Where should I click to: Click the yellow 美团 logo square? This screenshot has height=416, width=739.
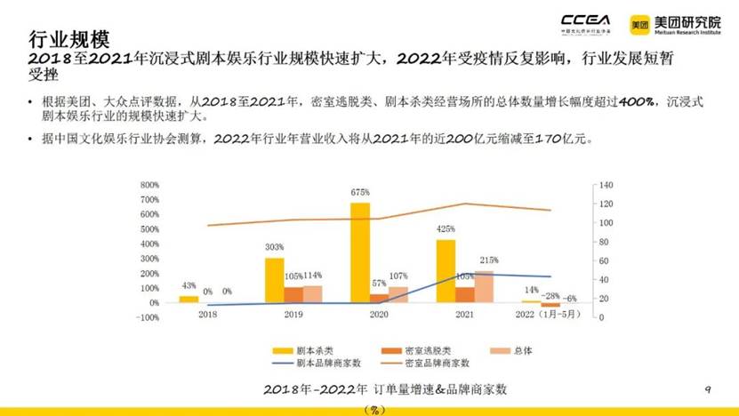(x=640, y=24)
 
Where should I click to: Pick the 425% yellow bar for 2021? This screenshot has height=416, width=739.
(x=445, y=271)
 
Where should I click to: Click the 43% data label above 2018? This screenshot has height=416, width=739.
(x=189, y=285)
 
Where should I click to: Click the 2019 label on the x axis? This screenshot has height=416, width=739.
(x=293, y=315)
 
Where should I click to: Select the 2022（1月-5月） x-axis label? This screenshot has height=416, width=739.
(x=550, y=315)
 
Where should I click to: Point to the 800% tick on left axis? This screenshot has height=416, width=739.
(x=148, y=185)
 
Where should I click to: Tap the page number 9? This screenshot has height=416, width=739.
(x=708, y=389)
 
